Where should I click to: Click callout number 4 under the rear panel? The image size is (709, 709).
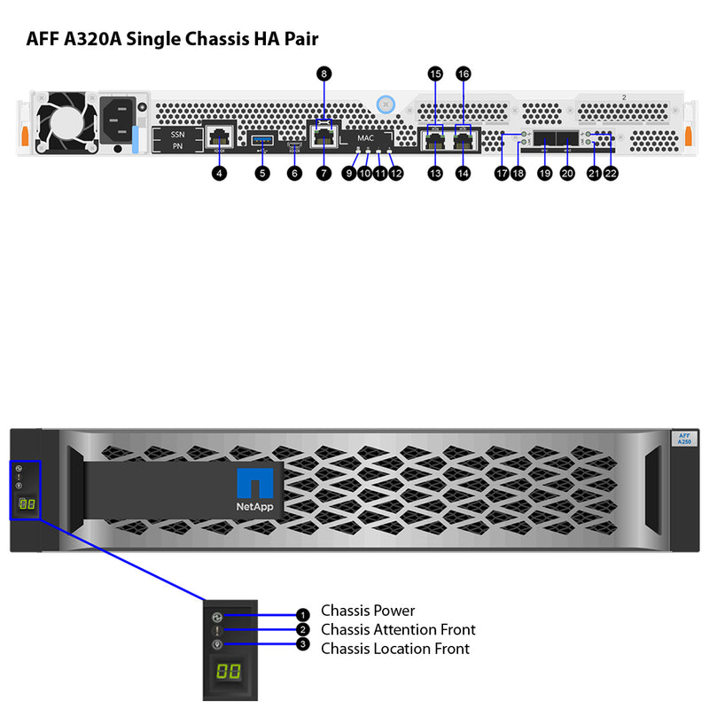(219, 174)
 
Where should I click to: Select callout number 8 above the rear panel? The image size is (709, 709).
(324, 74)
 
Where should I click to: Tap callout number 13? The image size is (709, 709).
(434, 174)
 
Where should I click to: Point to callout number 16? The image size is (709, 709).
(463, 74)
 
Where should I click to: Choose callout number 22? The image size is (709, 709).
(611, 174)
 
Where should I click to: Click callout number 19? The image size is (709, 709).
(544, 174)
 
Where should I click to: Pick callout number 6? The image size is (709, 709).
(295, 174)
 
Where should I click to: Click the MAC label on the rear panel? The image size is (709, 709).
(365, 138)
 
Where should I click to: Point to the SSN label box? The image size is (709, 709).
(176, 133)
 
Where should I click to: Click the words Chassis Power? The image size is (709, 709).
(368, 611)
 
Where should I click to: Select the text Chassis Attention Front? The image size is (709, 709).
(398, 629)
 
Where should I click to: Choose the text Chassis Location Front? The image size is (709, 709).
(395, 649)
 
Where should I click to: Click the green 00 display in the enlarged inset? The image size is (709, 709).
(228, 671)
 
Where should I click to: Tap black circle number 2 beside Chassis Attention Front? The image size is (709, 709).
(303, 630)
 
